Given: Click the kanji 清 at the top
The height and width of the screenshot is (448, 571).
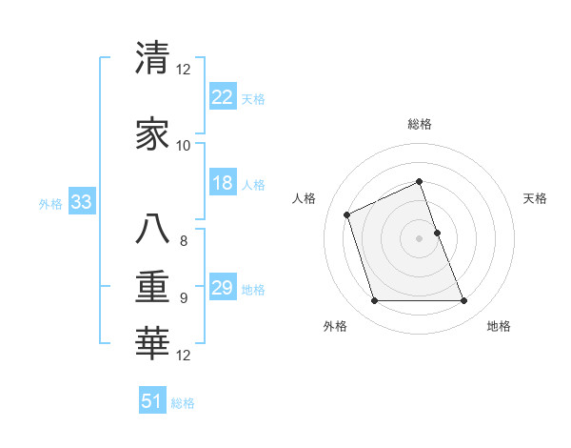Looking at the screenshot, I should click(x=152, y=58).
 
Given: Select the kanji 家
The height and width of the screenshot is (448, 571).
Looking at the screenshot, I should click(x=152, y=134).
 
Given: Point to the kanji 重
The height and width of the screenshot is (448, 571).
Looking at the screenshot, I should click(x=152, y=287).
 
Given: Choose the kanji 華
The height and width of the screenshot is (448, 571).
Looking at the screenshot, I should click(x=152, y=344).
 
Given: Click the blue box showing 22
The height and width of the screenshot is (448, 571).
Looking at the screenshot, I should click(x=223, y=97).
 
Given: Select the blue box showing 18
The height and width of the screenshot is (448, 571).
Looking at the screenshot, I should click(x=223, y=183).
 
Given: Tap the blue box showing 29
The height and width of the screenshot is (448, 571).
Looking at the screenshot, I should click(x=223, y=288).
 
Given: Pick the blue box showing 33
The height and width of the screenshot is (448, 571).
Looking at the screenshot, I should click(x=80, y=202).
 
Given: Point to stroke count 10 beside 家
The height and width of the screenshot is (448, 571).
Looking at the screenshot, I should click(x=184, y=146).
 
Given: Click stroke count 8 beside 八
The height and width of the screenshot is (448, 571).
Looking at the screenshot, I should click(x=184, y=241).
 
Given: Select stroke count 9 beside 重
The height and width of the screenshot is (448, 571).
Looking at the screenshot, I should click(x=184, y=298).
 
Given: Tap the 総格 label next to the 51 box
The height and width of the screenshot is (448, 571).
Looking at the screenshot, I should click(x=183, y=403).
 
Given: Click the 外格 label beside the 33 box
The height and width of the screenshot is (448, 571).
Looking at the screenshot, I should click(x=50, y=203).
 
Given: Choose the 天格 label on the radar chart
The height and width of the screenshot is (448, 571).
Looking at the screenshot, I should click(x=536, y=198).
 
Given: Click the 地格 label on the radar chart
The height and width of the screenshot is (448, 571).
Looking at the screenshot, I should click(x=499, y=326).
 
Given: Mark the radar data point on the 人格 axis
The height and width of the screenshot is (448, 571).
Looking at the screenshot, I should click(x=347, y=214).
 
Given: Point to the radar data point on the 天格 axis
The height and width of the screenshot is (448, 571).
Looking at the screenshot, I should click(x=437, y=233).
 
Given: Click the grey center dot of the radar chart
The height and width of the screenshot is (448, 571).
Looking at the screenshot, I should click(x=419, y=238).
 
